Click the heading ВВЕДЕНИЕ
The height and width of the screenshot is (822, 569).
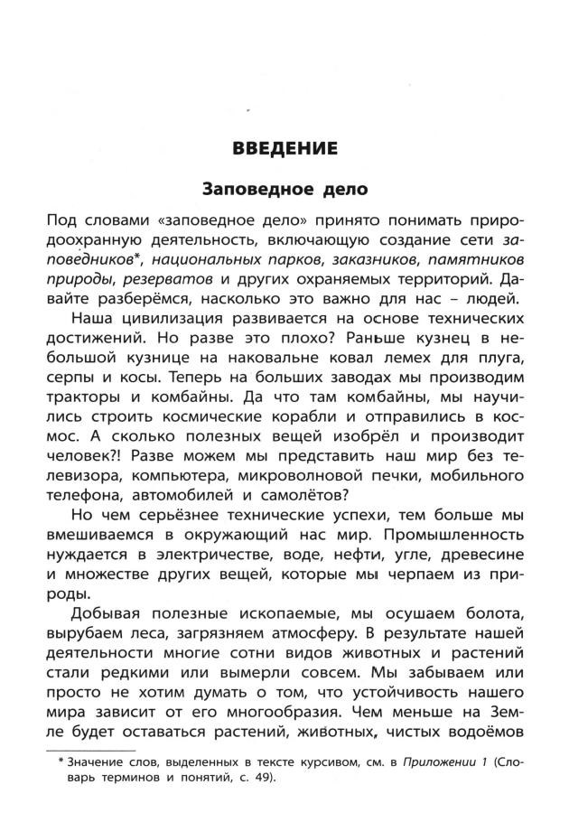[x=284, y=148]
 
